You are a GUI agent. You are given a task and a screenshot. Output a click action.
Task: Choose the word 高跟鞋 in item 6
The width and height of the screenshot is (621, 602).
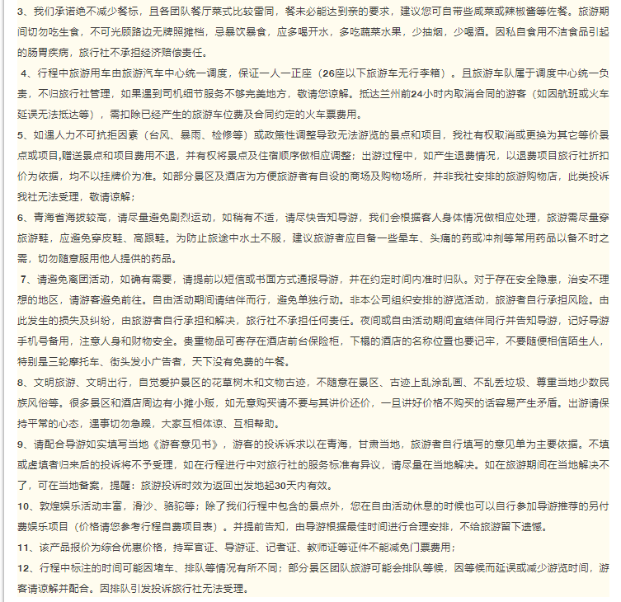click(x=154, y=238)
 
